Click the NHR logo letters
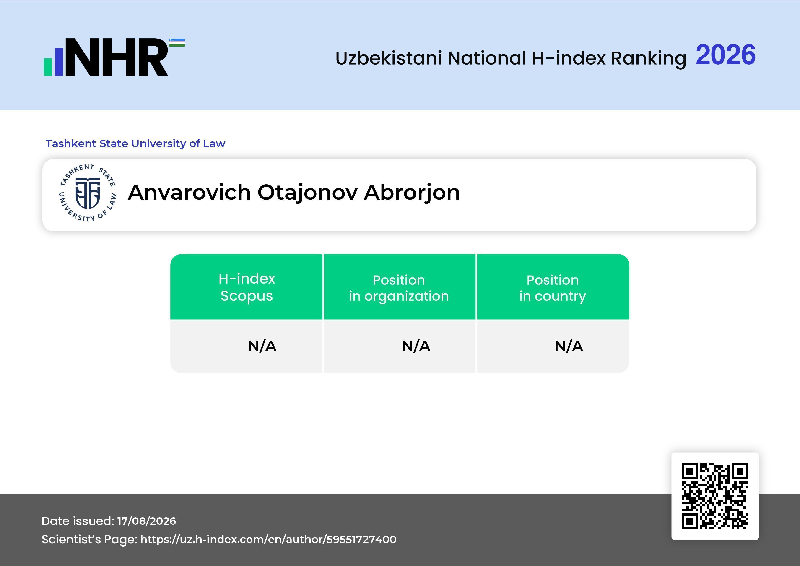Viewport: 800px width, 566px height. pos(117,57)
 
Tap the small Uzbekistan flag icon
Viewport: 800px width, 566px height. pos(177,42)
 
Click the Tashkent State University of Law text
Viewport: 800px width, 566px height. pos(135,143)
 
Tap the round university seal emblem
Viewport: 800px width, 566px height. pos(87,193)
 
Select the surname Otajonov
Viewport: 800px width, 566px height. pos(307,193)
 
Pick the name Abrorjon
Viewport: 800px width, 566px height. pos(412,193)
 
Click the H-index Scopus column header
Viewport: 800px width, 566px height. pos(247,287)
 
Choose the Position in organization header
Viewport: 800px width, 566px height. pos(399,288)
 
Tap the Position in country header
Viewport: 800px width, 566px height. pos(553,288)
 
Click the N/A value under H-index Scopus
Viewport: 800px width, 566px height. pos(262,346)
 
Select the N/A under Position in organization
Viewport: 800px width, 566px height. pos(416,346)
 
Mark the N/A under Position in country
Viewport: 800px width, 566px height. pos(569,346)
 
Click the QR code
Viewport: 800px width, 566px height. pos(715,496)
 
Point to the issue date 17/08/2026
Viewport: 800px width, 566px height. pos(147,521)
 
